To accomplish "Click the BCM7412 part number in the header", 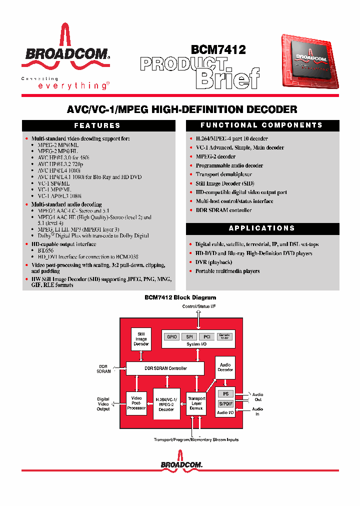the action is [x=218, y=49].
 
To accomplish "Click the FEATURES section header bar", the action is [x=97, y=125].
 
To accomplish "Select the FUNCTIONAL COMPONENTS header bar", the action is [x=261, y=125].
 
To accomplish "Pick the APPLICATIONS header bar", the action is [x=261, y=228].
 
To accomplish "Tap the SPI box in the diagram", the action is [x=190, y=337].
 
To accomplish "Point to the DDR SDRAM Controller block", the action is [x=165, y=368].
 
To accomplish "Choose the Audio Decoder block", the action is [x=225, y=367].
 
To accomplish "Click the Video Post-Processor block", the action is [x=136, y=403].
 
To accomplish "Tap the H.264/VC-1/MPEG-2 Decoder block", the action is [x=166, y=404].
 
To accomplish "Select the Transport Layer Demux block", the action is [x=196, y=403].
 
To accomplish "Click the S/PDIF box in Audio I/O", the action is [x=225, y=403].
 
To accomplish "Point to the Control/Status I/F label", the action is [x=199, y=306].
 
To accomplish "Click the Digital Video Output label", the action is [x=103, y=404].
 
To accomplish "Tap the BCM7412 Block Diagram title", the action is [x=180, y=297].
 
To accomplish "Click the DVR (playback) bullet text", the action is [x=213, y=262].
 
